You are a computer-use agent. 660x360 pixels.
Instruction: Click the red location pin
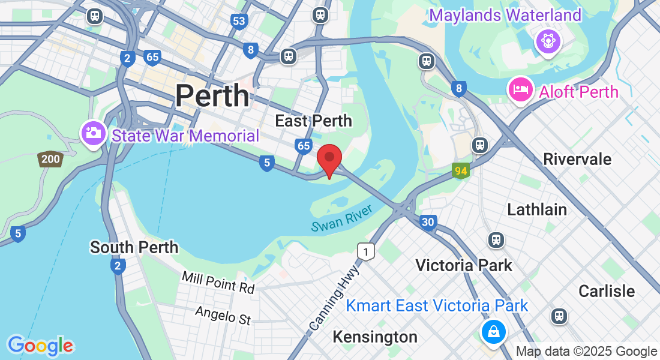pos(329,159)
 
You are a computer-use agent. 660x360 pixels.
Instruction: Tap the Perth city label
pos(212,95)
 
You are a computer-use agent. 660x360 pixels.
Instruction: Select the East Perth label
pos(313,121)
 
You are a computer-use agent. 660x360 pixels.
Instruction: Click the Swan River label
pos(341,217)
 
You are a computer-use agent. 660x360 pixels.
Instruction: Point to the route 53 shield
pos(239,22)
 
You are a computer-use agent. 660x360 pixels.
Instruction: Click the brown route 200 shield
pos(50,159)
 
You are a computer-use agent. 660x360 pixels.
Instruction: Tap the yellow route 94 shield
pos(461,172)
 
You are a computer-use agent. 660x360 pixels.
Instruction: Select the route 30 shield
pos(428,222)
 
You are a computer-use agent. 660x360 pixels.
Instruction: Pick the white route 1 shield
pos(365,252)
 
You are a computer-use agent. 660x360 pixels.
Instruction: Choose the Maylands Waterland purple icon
pos(548,41)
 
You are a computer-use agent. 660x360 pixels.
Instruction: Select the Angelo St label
pos(223,315)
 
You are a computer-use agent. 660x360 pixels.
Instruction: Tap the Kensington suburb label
pos(375,337)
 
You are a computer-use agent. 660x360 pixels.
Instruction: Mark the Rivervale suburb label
pos(577,159)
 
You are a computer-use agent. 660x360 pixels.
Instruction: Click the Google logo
pos(40,346)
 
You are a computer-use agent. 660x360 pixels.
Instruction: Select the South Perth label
pos(134,247)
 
